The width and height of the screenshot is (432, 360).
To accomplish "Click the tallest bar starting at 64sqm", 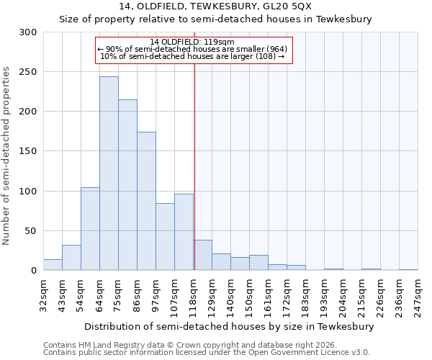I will [x=109, y=174].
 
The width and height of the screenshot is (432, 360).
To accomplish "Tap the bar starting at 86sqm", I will [x=146, y=201].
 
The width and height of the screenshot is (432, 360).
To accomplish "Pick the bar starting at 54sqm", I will [x=90, y=229].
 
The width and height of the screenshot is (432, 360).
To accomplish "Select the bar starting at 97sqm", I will [x=165, y=237].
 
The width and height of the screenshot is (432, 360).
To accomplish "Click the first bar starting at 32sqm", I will [x=53, y=265].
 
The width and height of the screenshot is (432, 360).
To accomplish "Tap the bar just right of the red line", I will [x=202, y=256].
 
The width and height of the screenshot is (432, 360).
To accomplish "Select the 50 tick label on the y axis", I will [x=31, y=231].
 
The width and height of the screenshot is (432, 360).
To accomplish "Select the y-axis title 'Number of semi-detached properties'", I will [x=6, y=156].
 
